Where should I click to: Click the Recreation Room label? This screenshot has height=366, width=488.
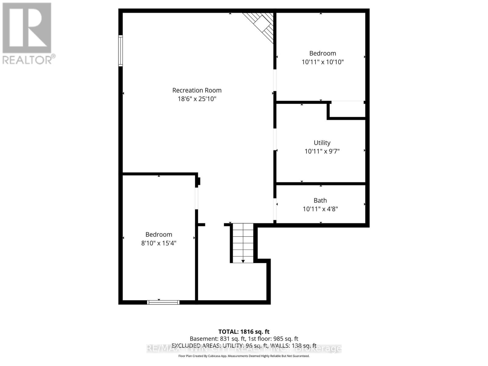click(197, 90)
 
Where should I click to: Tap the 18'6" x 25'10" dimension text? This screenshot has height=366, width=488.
click(197, 99)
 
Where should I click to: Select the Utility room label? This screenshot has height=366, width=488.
click(322, 143)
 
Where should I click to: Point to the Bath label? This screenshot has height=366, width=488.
click(320, 200)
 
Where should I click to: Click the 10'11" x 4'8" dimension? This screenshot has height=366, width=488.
click(320, 209)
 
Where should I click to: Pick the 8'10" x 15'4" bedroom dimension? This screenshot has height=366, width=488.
click(159, 243)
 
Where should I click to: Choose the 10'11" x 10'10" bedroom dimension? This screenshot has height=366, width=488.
click(323, 62)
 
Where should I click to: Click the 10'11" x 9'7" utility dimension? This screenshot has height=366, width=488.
click(322, 151)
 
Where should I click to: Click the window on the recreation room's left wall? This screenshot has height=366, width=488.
click(121, 51)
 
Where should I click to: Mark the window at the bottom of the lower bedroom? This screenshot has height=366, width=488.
click(163, 302)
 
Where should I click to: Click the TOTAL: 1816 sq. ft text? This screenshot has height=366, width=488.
click(244, 332)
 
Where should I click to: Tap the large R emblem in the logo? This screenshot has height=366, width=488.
click(27, 28)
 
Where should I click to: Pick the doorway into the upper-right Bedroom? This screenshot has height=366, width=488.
click(275, 81)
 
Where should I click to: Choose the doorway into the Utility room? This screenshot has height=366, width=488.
click(275, 140)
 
